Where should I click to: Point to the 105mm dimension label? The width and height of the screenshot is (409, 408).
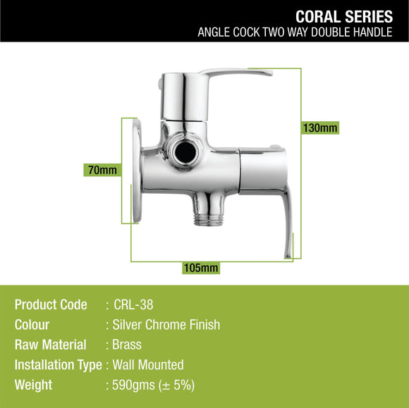click(200, 267)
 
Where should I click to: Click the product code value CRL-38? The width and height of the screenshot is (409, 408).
click(134, 304)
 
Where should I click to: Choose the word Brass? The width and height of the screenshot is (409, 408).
click(127, 345)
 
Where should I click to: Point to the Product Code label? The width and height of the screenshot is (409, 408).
click(51, 304)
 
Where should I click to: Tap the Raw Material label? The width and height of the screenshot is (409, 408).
click(50, 345)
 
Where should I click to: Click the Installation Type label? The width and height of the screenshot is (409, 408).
click(58, 365)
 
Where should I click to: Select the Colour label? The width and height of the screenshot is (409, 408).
click(32, 325)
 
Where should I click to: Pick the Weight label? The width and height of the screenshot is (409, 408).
click(33, 385)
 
